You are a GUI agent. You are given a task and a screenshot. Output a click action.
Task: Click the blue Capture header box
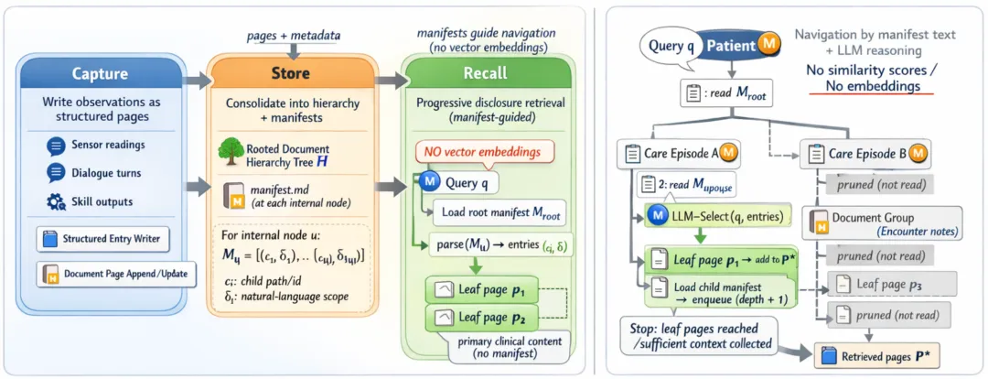[x=101, y=74]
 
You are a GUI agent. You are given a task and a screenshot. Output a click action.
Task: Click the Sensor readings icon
[x=54, y=144]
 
